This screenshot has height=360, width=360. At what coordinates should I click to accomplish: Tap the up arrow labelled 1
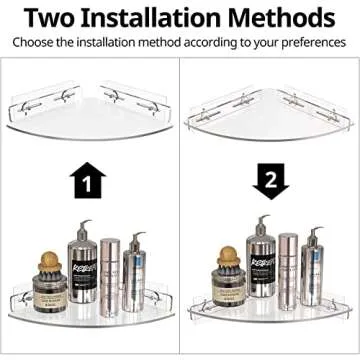pyautogui.click(x=88, y=184)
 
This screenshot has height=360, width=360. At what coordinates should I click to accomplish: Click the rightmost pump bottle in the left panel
pyautogui.click(x=133, y=285)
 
